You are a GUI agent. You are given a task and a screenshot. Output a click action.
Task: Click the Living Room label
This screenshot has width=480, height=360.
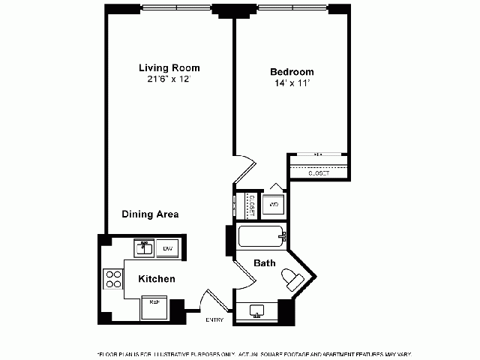pos(169,67)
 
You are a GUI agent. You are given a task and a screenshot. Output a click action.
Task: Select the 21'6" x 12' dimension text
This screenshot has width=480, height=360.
pos(169,79)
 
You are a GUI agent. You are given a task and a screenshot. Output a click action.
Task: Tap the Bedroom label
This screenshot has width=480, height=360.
pos(292,72)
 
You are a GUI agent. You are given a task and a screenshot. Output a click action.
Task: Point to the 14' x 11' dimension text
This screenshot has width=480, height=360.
pos(291,84)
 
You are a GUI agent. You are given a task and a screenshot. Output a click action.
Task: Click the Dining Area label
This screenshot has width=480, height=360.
pos(150,214)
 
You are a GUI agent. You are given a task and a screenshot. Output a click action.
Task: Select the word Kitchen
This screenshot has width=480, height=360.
pos(156,279)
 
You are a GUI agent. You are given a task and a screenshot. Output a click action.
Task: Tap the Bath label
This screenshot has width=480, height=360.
pos(264,264)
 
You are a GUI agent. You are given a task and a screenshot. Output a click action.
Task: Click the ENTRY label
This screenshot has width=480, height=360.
pos(214,320)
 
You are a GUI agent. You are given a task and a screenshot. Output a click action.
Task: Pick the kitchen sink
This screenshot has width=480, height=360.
pos(144,247)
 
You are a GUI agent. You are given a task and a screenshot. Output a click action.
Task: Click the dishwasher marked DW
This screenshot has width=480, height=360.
pos(169,248)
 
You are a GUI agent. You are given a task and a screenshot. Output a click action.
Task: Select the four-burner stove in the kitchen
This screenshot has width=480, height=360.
pos(113,279)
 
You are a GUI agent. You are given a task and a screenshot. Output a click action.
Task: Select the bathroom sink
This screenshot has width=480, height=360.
pos(256,311)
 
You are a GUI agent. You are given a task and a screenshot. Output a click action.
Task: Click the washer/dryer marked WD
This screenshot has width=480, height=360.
pos(274,204)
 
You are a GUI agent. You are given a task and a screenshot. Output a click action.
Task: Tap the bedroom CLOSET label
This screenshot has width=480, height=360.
pos(319,173)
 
